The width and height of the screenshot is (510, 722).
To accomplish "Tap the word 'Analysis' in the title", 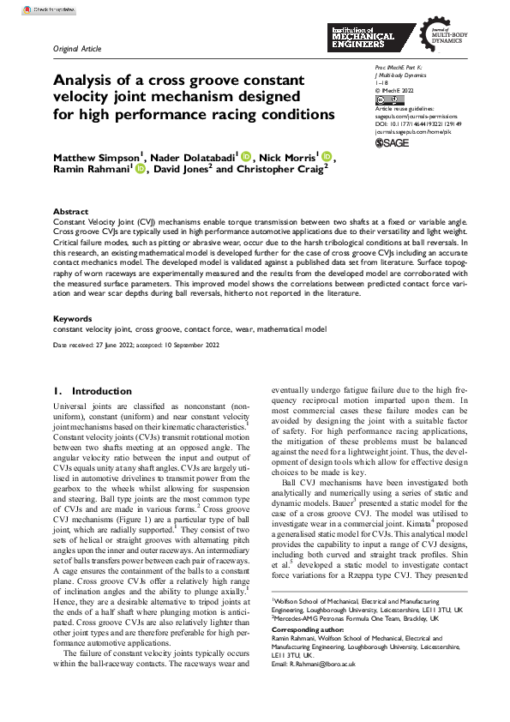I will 90,81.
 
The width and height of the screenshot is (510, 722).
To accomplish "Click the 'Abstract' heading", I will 70,212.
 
